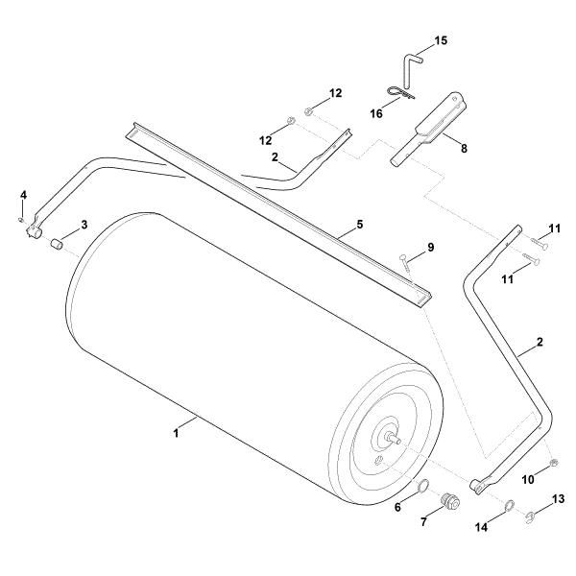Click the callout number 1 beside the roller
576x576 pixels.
point(176,434)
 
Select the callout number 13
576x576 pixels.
point(558,499)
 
